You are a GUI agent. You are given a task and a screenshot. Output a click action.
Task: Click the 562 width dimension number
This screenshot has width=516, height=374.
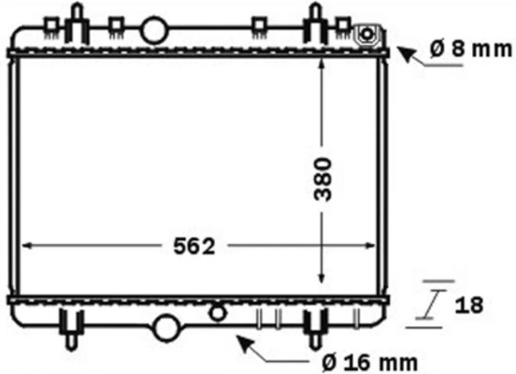[x=196, y=246]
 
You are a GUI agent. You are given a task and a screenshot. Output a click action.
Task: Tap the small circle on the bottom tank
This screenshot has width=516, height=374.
[x=219, y=309]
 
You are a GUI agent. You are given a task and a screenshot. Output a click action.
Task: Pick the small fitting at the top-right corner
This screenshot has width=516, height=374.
[x=368, y=36]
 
